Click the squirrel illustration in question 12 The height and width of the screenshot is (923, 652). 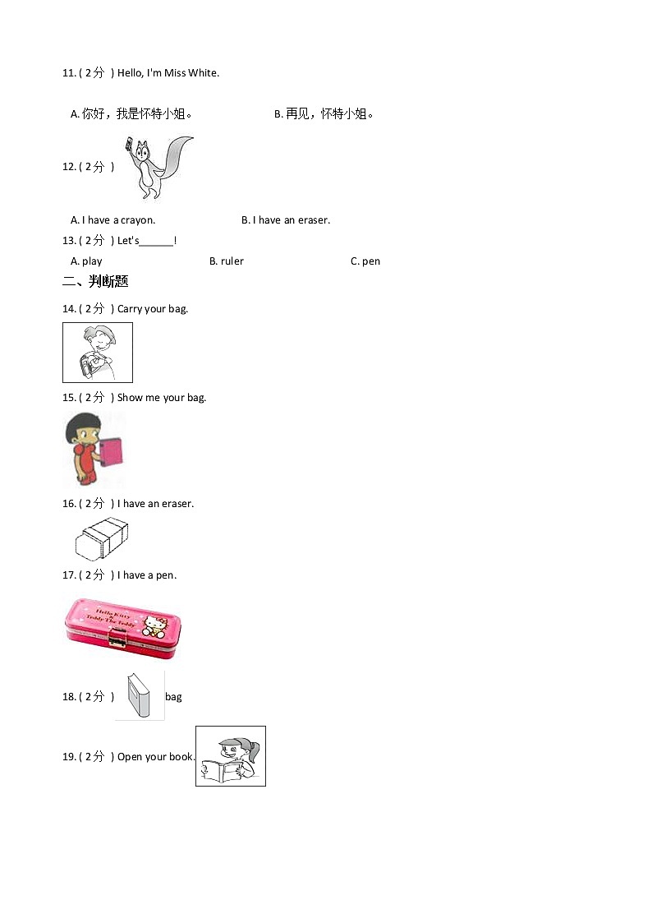click(x=158, y=167)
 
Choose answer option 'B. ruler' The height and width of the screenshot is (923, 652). click(x=227, y=261)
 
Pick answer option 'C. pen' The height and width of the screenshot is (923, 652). click(x=365, y=261)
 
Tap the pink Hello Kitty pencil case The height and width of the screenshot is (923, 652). click(x=122, y=628)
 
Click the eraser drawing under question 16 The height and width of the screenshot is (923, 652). click(x=101, y=538)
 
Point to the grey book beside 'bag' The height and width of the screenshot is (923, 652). click(x=139, y=696)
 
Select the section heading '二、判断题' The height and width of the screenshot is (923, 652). click(x=95, y=282)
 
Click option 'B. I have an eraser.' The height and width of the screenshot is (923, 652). click(x=286, y=220)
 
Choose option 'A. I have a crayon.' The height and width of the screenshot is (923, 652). click(x=112, y=220)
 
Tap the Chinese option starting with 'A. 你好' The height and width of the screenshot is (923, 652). click(x=131, y=114)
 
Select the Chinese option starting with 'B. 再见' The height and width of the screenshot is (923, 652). click(x=324, y=114)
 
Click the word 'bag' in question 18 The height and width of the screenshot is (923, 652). click(x=173, y=697)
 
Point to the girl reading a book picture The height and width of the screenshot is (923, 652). click(x=231, y=756)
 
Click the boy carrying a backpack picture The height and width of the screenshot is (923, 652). click(x=97, y=352)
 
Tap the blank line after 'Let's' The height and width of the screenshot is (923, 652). click(x=157, y=242)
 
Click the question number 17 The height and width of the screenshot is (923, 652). click(x=69, y=575)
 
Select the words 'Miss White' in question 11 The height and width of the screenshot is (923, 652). click(x=191, y=73)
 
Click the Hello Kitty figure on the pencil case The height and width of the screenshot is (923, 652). click(x=154, y=626)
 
